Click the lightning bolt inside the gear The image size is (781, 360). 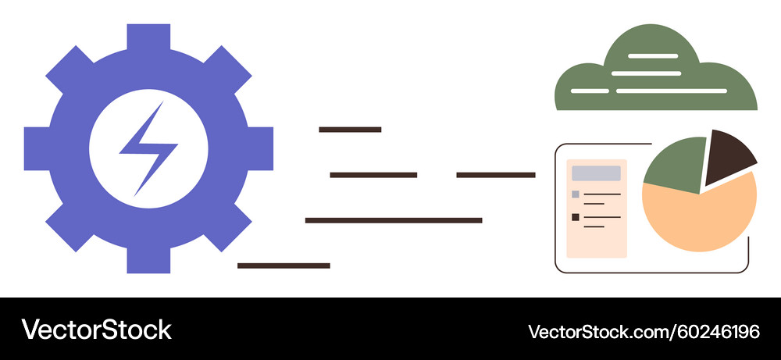(148, 148)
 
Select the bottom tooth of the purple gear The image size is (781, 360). (148, 260)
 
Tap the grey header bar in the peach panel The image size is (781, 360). (596, 173)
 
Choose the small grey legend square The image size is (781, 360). (576, 194)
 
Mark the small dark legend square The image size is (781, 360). (576, 217)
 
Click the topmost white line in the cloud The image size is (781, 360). (653, 56)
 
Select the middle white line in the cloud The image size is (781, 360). (646, 73)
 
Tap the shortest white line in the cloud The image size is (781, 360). (590, 91)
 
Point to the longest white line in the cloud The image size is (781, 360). (672, 91)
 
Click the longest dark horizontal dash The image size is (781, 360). (394, 220)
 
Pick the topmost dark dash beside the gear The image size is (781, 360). (350, 130)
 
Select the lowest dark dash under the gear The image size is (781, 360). (284, 266)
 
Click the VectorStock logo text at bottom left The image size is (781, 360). (96, 330)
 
